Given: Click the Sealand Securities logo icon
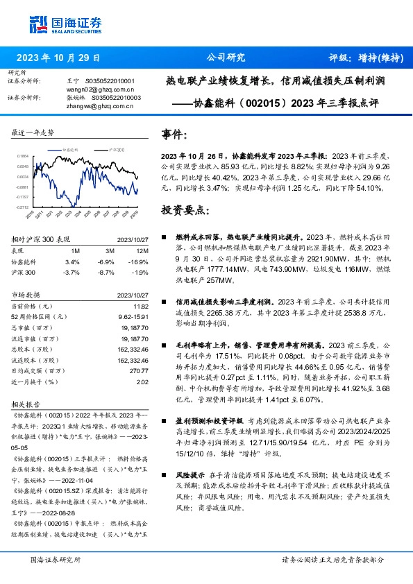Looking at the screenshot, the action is pos(39,24).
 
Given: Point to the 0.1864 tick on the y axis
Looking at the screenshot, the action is pos(23,157).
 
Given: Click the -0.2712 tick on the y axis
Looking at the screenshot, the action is pos(23,207).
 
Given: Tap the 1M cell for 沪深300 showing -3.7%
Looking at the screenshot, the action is pos(71,271).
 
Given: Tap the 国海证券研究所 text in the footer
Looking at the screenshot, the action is pos(56,559).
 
